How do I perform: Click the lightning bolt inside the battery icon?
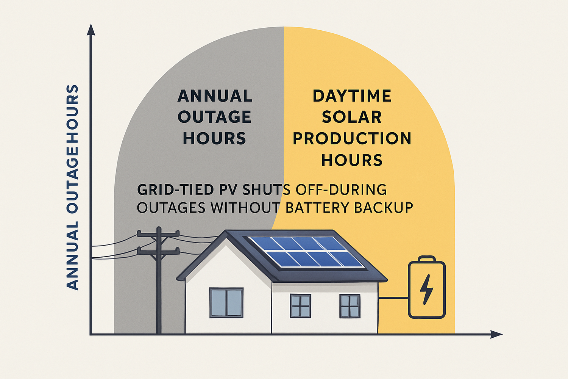(x=427, y=289)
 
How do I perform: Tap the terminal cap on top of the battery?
(x=427, y=259)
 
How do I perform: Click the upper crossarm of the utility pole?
(x=158, y=234)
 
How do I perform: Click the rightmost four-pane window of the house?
(x=350, y=306)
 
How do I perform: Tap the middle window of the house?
(x=300, y=306)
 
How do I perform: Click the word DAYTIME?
(x=352, y=96)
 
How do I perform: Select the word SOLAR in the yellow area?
(x=352, y=117)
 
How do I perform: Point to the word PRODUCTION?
(x=352, y=139)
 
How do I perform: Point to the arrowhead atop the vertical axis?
(x=91, y=30)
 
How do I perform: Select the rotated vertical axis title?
(x=72, y=188)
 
